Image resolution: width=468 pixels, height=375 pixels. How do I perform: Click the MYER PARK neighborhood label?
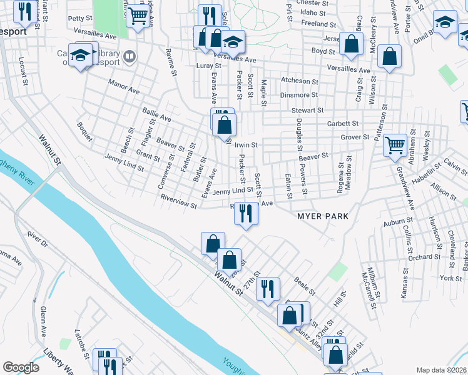click(322, 216)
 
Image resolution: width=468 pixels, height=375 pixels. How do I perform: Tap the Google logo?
click(21, 367)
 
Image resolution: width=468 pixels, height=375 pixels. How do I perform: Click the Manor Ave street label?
click(123, 86)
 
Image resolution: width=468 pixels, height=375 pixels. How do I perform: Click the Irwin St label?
click(246, 144)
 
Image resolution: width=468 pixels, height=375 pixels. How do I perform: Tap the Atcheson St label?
click(300, 81)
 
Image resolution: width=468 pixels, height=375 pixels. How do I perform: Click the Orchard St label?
click(420, 257)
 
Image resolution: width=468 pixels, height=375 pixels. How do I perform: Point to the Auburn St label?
click(398, 221)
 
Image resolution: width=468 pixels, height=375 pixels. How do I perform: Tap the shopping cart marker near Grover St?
click(395, 146)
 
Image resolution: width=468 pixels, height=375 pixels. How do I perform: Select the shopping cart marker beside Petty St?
click(138, 16)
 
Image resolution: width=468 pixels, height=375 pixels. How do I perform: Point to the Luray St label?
click(209, 66)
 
